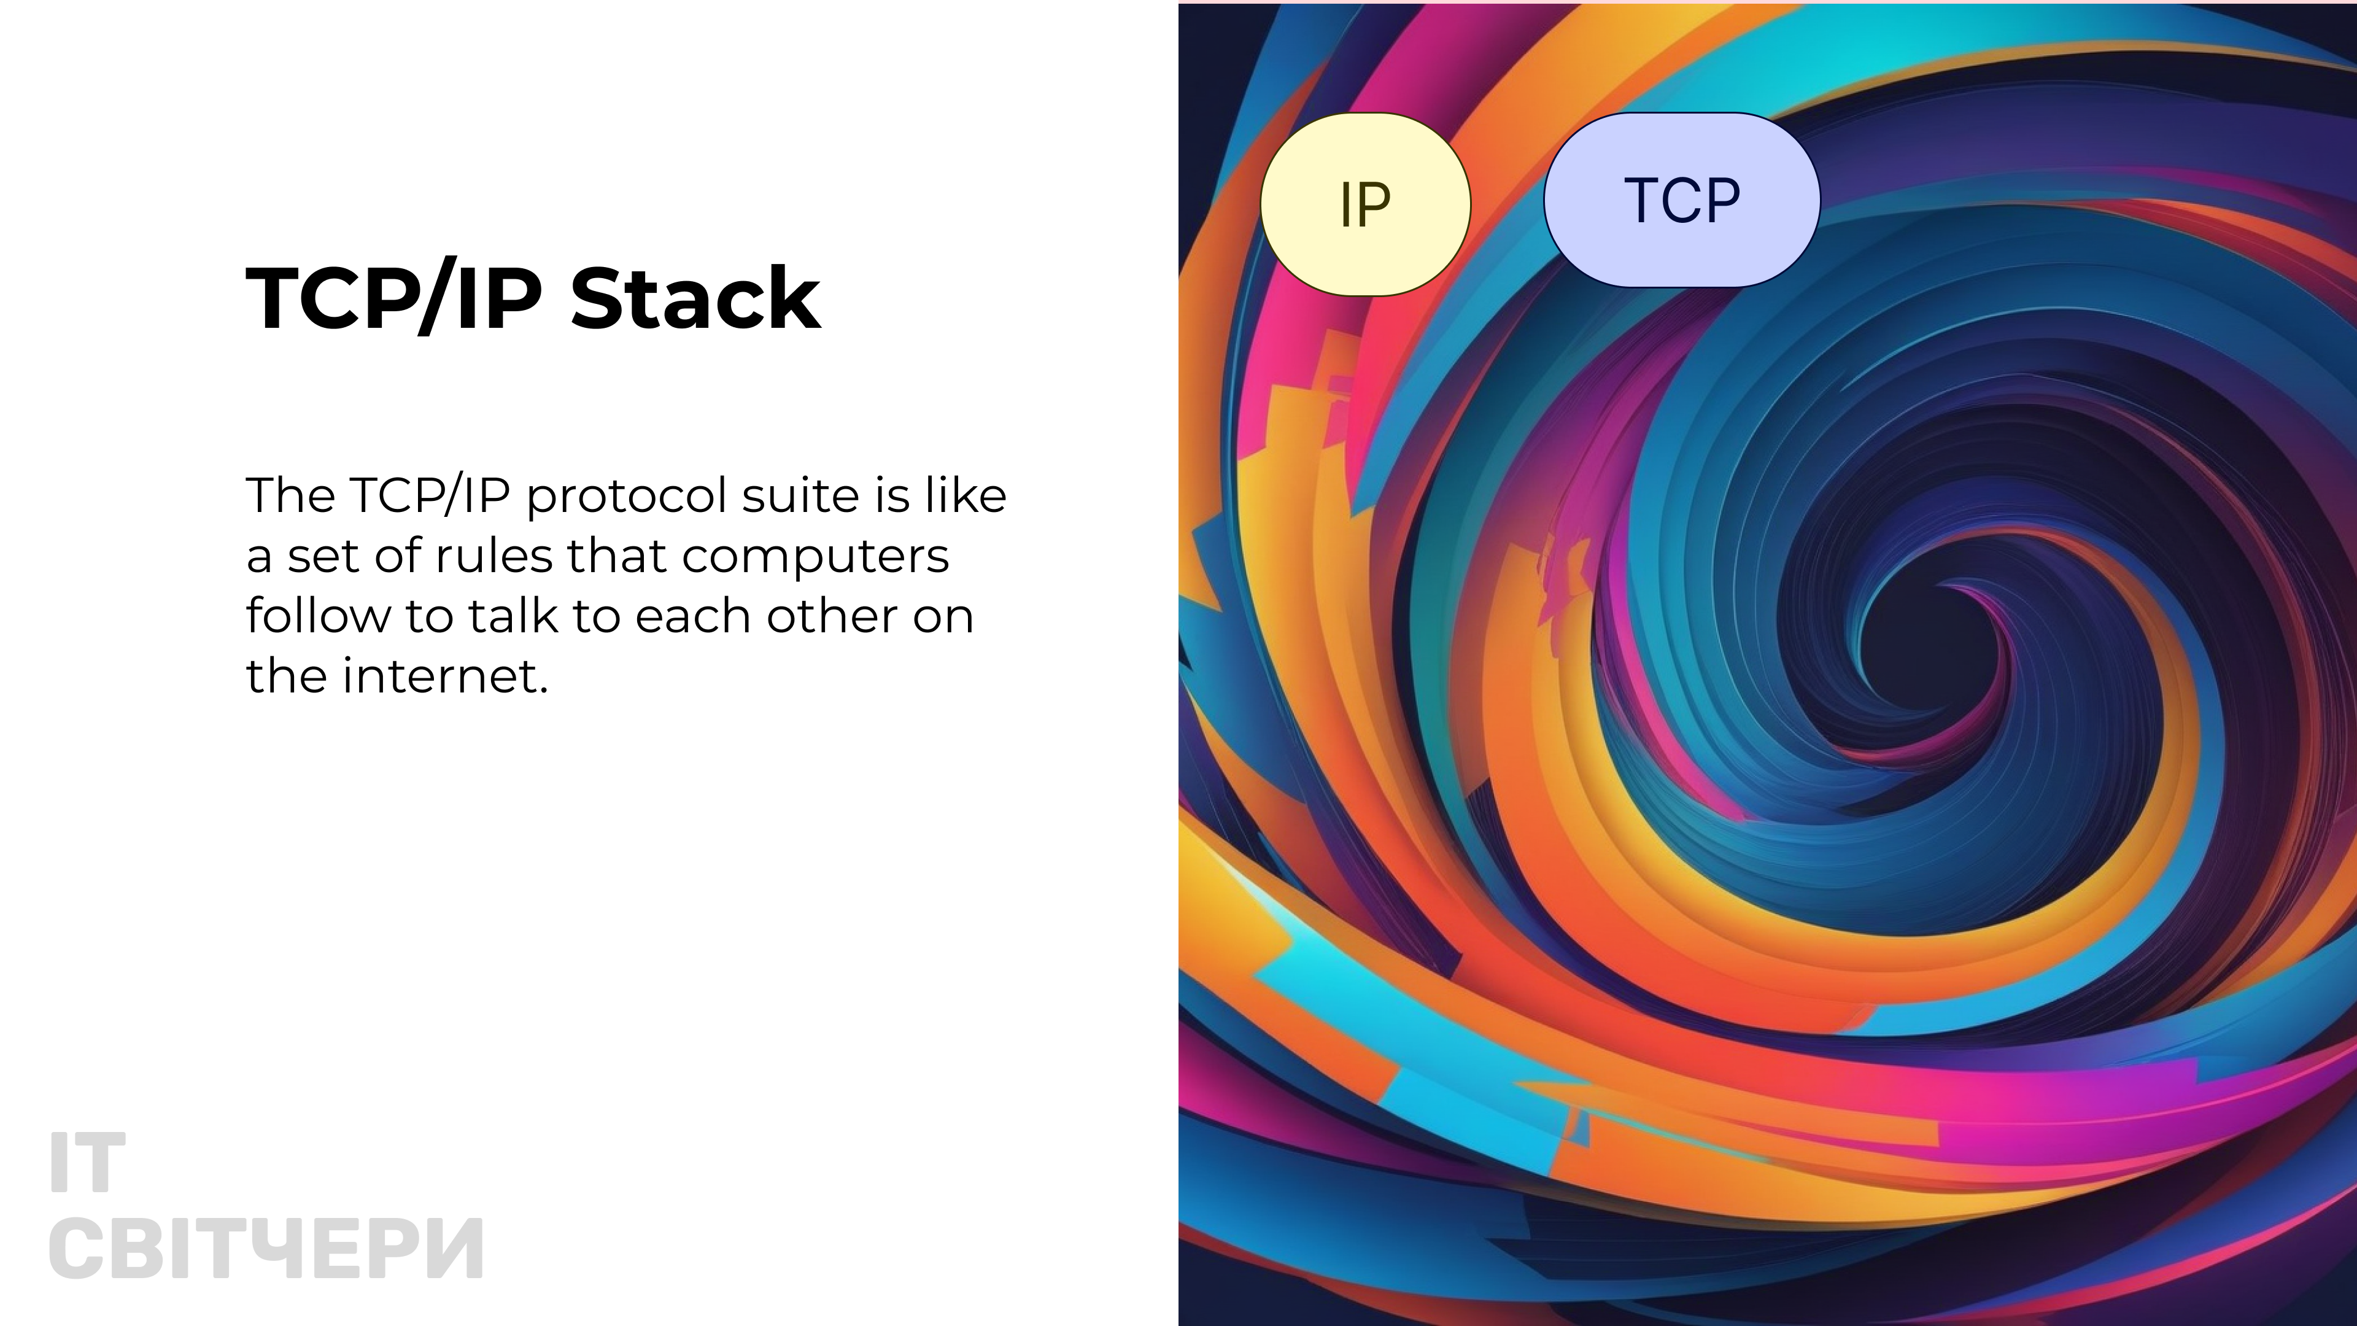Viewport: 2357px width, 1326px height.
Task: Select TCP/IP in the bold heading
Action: click(394, 298)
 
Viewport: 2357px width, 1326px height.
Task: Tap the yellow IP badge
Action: click(1365, 204)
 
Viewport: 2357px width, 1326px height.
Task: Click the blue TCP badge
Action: click(1682, 200)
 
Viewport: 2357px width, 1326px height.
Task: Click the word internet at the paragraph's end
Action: click(444, 677)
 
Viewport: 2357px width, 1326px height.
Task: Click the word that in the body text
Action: click(617, 556)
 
